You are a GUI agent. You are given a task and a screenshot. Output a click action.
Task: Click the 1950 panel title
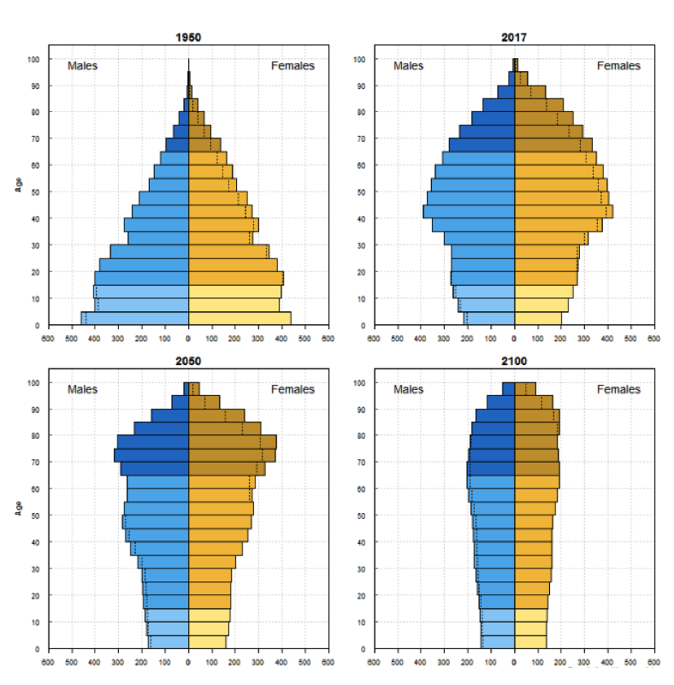188,38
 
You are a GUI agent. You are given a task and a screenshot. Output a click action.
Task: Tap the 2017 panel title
514,38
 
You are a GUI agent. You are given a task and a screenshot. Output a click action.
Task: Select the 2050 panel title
188,361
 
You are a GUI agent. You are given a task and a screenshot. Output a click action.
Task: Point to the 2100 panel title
514,361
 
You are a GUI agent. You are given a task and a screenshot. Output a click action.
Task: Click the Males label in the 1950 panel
83,66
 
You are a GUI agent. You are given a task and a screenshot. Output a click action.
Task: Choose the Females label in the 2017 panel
618,66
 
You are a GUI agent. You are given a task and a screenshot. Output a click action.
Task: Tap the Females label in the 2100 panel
618,389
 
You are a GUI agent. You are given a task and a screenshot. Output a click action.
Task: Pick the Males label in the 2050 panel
83,389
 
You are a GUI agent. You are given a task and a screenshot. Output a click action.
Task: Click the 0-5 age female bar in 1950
239,319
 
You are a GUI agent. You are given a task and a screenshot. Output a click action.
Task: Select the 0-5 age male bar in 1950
135,319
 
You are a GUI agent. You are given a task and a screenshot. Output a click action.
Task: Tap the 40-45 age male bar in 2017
469,212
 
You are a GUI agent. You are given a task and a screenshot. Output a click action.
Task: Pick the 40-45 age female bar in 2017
563,212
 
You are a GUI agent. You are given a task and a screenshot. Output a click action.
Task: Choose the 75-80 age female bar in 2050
232,442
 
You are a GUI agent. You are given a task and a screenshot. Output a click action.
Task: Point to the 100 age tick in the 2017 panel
361,59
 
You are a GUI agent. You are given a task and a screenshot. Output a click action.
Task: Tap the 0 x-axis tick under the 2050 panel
188,662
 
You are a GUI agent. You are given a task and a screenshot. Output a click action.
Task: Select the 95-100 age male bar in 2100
508,389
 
